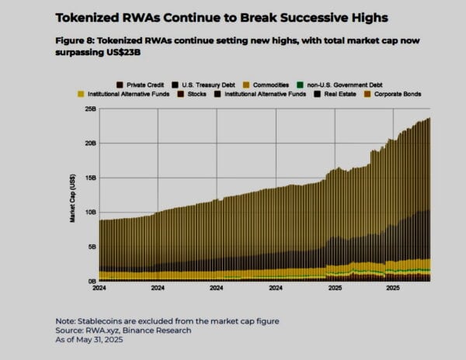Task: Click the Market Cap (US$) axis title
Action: (73, 199)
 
